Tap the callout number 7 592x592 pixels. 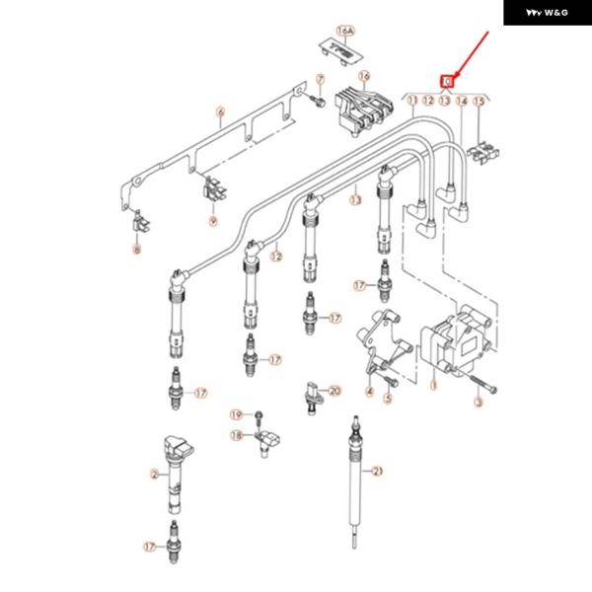point(320,79)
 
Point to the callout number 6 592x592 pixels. point(221,113)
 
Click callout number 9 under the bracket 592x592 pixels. point(212,221)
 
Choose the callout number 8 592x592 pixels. point(137,251)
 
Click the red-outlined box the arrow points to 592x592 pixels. point(447,79)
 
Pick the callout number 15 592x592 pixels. point(480,101)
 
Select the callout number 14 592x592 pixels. point(462,101)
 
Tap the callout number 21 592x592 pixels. point(377,472)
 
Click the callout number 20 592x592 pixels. point(333,392)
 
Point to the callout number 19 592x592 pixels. point(236,413)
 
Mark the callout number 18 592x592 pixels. point(236,435)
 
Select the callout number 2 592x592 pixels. point(154,475)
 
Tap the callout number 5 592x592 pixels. point(388,400)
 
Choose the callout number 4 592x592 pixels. point(369,392)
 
